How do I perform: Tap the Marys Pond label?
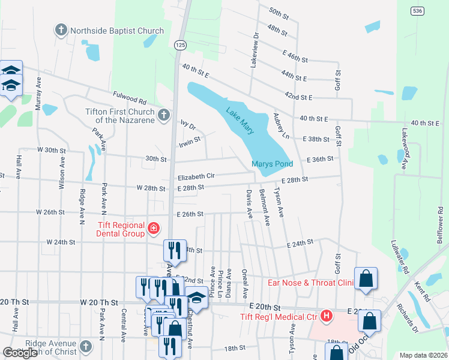tap(272, 164)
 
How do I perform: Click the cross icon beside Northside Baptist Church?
tap(61, 31)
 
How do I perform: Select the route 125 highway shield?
tap(179, 45)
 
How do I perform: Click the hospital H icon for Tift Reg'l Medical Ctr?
tap(326, 315)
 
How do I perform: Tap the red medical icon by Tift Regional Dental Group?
tap(154, 229)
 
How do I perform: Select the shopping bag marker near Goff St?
tap(366, 279)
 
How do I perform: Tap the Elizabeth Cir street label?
tap(196, 177)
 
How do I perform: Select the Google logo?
tap(20, 353)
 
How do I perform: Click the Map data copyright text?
tap(423, 355)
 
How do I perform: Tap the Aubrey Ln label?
tap(282, 126)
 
